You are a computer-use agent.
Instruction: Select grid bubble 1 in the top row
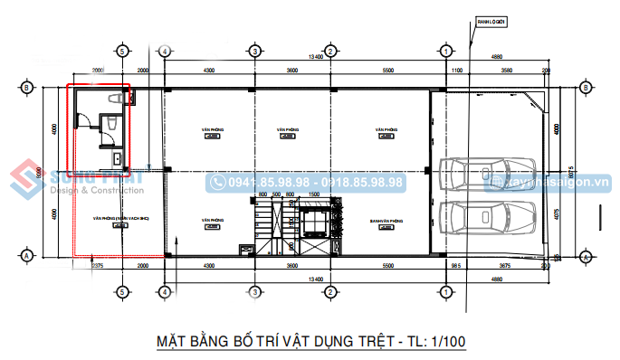(x=445, y=51)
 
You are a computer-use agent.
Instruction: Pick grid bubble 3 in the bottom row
(x=255, y=292)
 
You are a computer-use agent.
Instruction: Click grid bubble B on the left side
(x=27, y=88)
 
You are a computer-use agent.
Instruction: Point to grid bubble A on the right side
(x=586, y=257)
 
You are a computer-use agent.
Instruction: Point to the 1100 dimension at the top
(x=456, y=70)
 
